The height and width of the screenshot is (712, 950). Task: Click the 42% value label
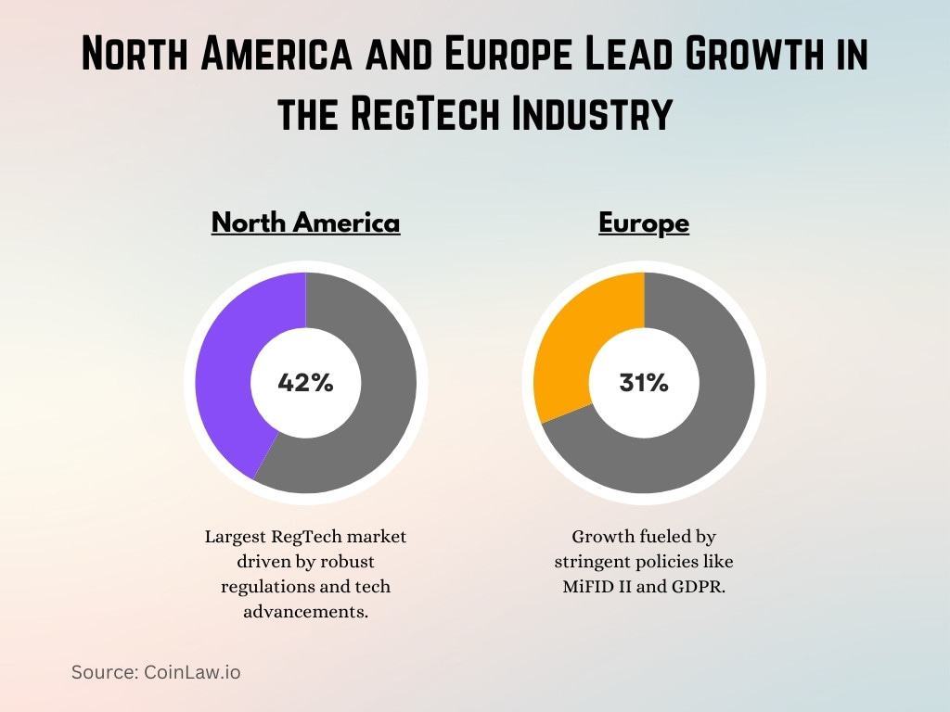pyautogui.click(x=305, y=383)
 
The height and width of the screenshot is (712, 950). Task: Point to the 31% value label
pyautogui.click(x=644, y=383)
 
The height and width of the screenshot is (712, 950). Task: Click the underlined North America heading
pyautogui.click(x=305, y=223)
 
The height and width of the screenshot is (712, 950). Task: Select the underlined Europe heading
pyautogui.click(x=644, y=223)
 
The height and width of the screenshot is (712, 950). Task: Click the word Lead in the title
pyautogui.click(x=581, y=54)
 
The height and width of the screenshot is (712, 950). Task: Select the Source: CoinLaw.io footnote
pyautogui.click(x=156, y=672)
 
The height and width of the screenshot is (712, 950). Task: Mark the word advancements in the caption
pyautogui.click(x=305, y=611)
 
